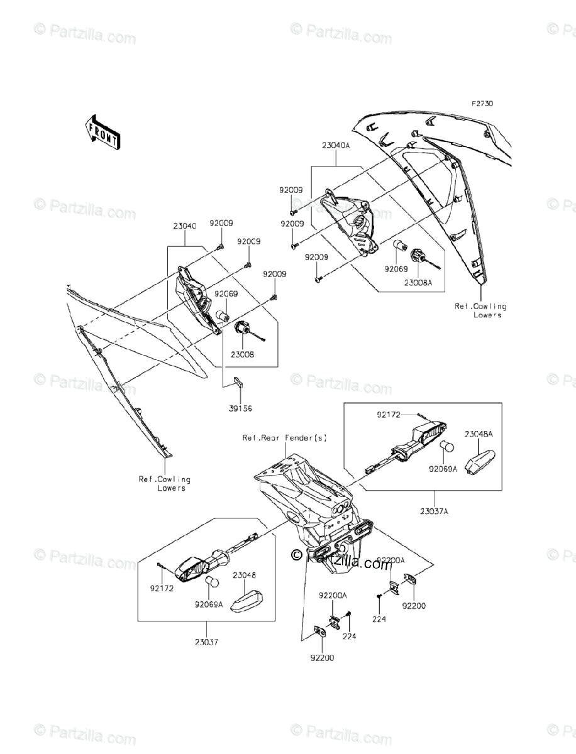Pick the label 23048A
[x=479, y=434]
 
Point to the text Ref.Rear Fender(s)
[x=285, y=438]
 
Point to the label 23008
[x=244, y=354]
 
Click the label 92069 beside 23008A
[x=397, y=268]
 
